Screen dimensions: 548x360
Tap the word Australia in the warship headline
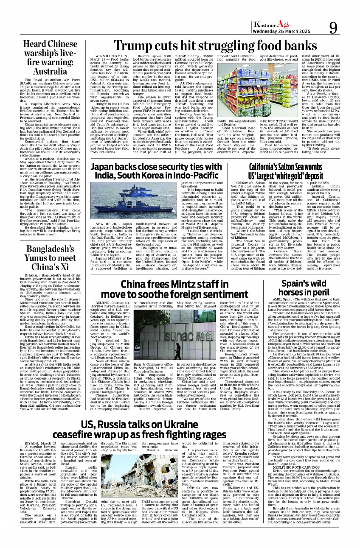tap(50, 71)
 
